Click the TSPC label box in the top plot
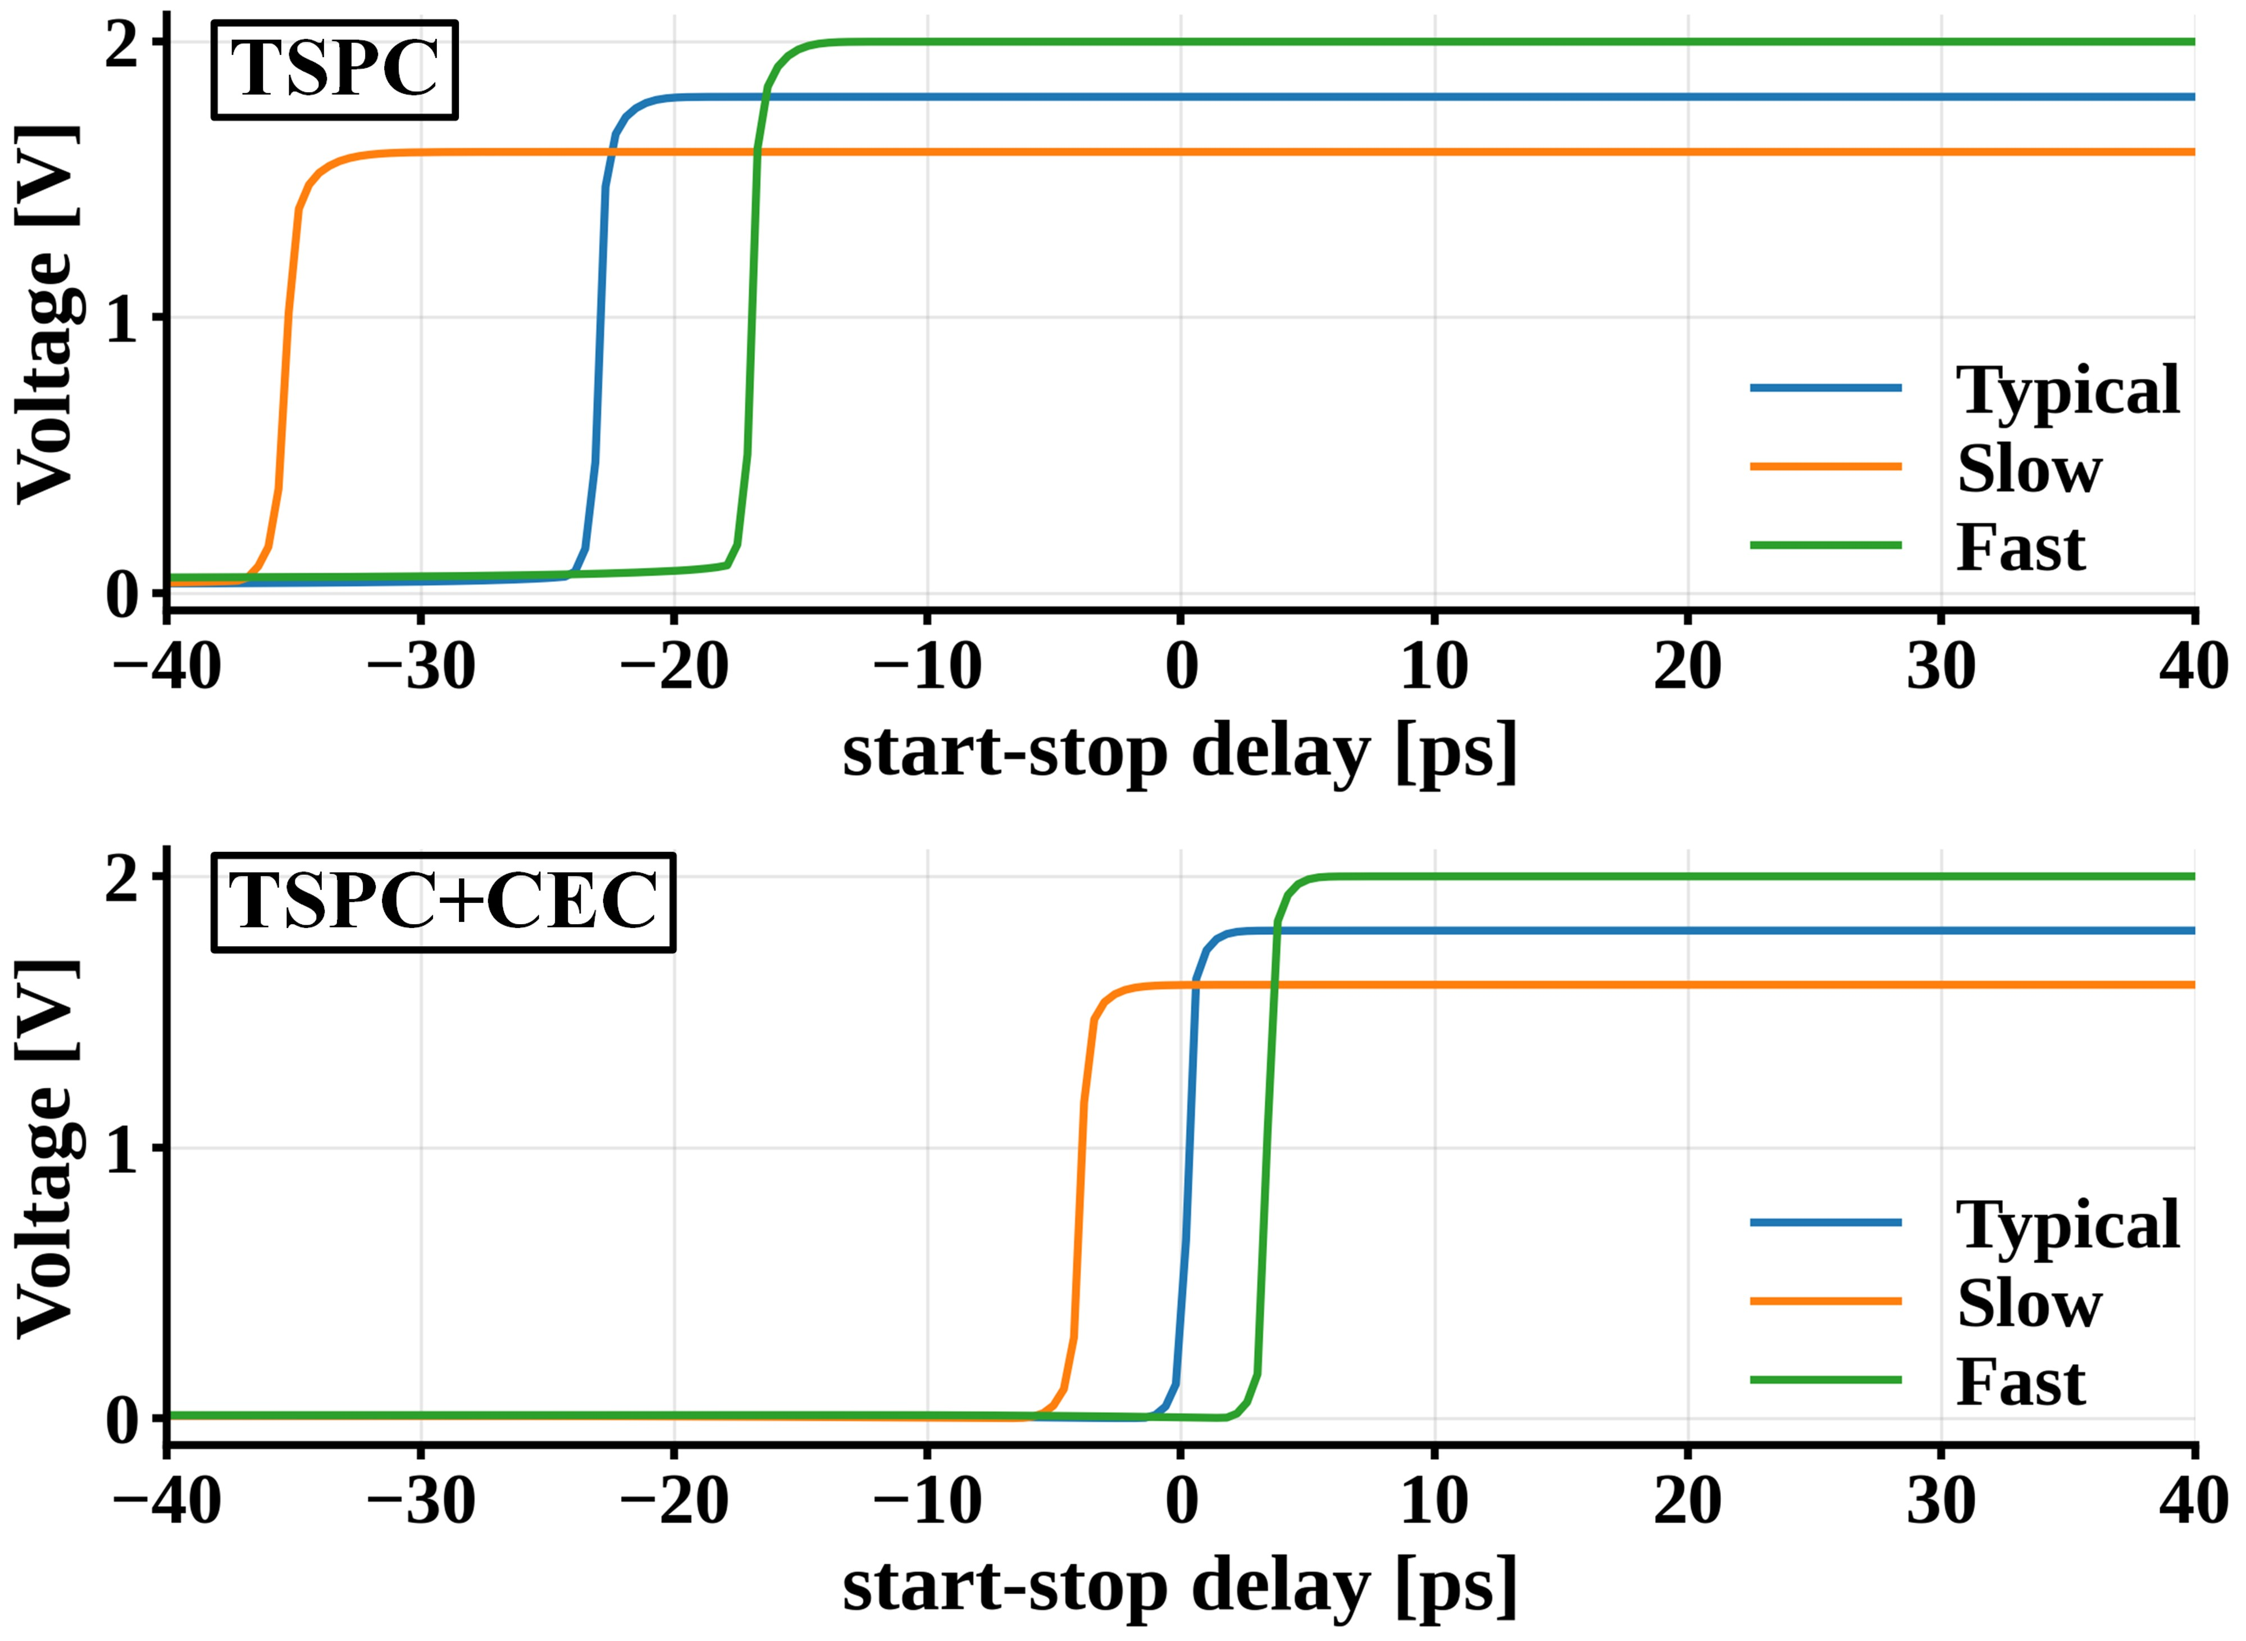point(335,70)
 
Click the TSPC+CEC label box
point(443,902)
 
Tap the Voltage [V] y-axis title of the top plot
point(45,316)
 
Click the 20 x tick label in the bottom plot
point(1688,1502)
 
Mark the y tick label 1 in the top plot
point(121,319)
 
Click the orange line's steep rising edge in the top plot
point(286,348)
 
